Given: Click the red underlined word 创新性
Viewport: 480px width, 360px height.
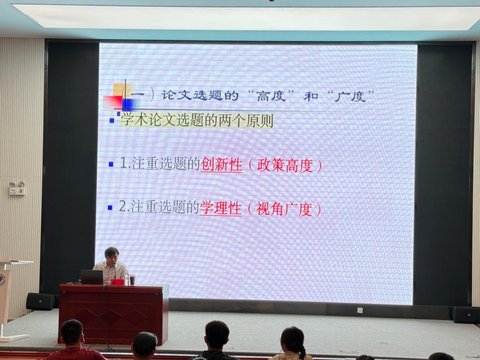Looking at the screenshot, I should pos(221,165).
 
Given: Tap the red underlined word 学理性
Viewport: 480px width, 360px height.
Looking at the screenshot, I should pos(220,208).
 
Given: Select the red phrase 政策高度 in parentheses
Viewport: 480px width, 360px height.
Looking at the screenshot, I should pos(285,165).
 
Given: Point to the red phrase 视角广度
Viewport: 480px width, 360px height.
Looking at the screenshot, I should pos(284,209).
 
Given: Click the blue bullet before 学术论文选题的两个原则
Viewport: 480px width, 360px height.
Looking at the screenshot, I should pos(112,120).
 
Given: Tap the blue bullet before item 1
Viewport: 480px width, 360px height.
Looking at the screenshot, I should pos(111,165).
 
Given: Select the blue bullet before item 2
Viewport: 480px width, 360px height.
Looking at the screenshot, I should pos(110,208).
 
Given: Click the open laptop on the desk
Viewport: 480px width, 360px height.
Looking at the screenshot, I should pos(91,277).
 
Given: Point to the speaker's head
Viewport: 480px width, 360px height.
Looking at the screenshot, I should pos(112,255).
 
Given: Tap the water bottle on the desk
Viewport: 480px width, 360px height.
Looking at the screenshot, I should pos(127,278).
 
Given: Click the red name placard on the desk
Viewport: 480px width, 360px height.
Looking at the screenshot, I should pos(117,282).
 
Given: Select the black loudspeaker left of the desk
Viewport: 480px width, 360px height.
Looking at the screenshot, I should pos(40,301).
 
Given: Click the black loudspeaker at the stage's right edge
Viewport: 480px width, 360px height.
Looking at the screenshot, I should pos(466,315).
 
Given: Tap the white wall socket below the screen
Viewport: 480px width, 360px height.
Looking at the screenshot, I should pos(360,310).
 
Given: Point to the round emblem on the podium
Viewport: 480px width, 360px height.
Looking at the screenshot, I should pos(3,281).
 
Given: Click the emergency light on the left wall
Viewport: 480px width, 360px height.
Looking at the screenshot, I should pos(17,188).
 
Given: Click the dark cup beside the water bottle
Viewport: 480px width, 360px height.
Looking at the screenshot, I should pos(133,280).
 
